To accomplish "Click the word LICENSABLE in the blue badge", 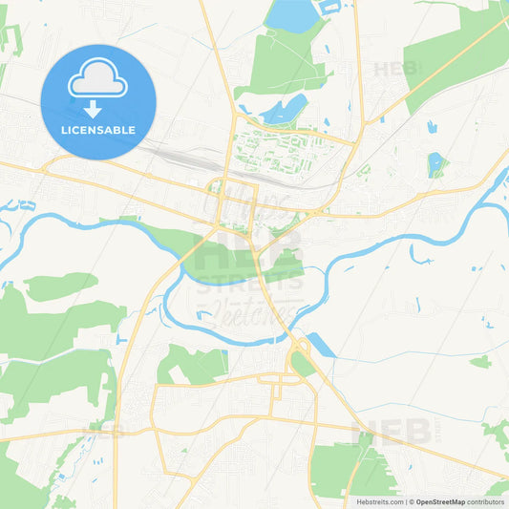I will (x=98, y=129).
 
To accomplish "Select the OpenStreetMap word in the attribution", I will (x=440, y=501).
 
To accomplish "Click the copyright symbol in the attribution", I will (x=411, y=501).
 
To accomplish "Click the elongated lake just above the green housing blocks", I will (x=284, y=109).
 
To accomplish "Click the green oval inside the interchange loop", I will (x=302, y=363).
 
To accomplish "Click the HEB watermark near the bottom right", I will (x=376, y=435).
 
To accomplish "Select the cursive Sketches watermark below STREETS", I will (x=252, y=310).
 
